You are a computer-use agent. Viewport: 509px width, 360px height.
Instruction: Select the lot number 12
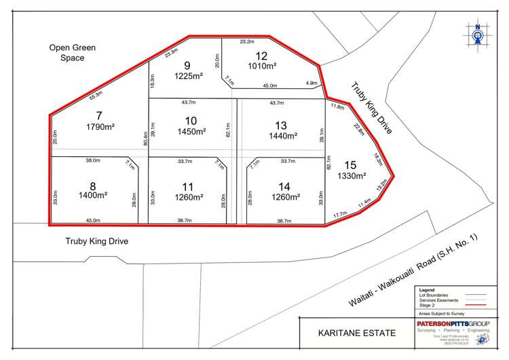click(x=262, y=56)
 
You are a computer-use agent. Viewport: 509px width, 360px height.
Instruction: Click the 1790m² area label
click(x=100, y=126)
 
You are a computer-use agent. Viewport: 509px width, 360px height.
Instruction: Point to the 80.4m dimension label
click(x=145, y=139)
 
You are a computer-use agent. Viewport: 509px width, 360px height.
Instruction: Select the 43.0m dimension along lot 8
click(x=93, y=221)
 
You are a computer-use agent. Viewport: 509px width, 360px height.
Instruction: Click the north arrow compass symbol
click(x=478, y=35)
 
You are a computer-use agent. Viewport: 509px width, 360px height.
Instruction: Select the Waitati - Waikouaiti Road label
click(x=415, y=269)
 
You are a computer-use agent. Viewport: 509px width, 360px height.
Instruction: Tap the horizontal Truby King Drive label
click(x=96, y=241)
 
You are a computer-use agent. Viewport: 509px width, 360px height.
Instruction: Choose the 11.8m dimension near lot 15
click(x=337, y=107)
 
